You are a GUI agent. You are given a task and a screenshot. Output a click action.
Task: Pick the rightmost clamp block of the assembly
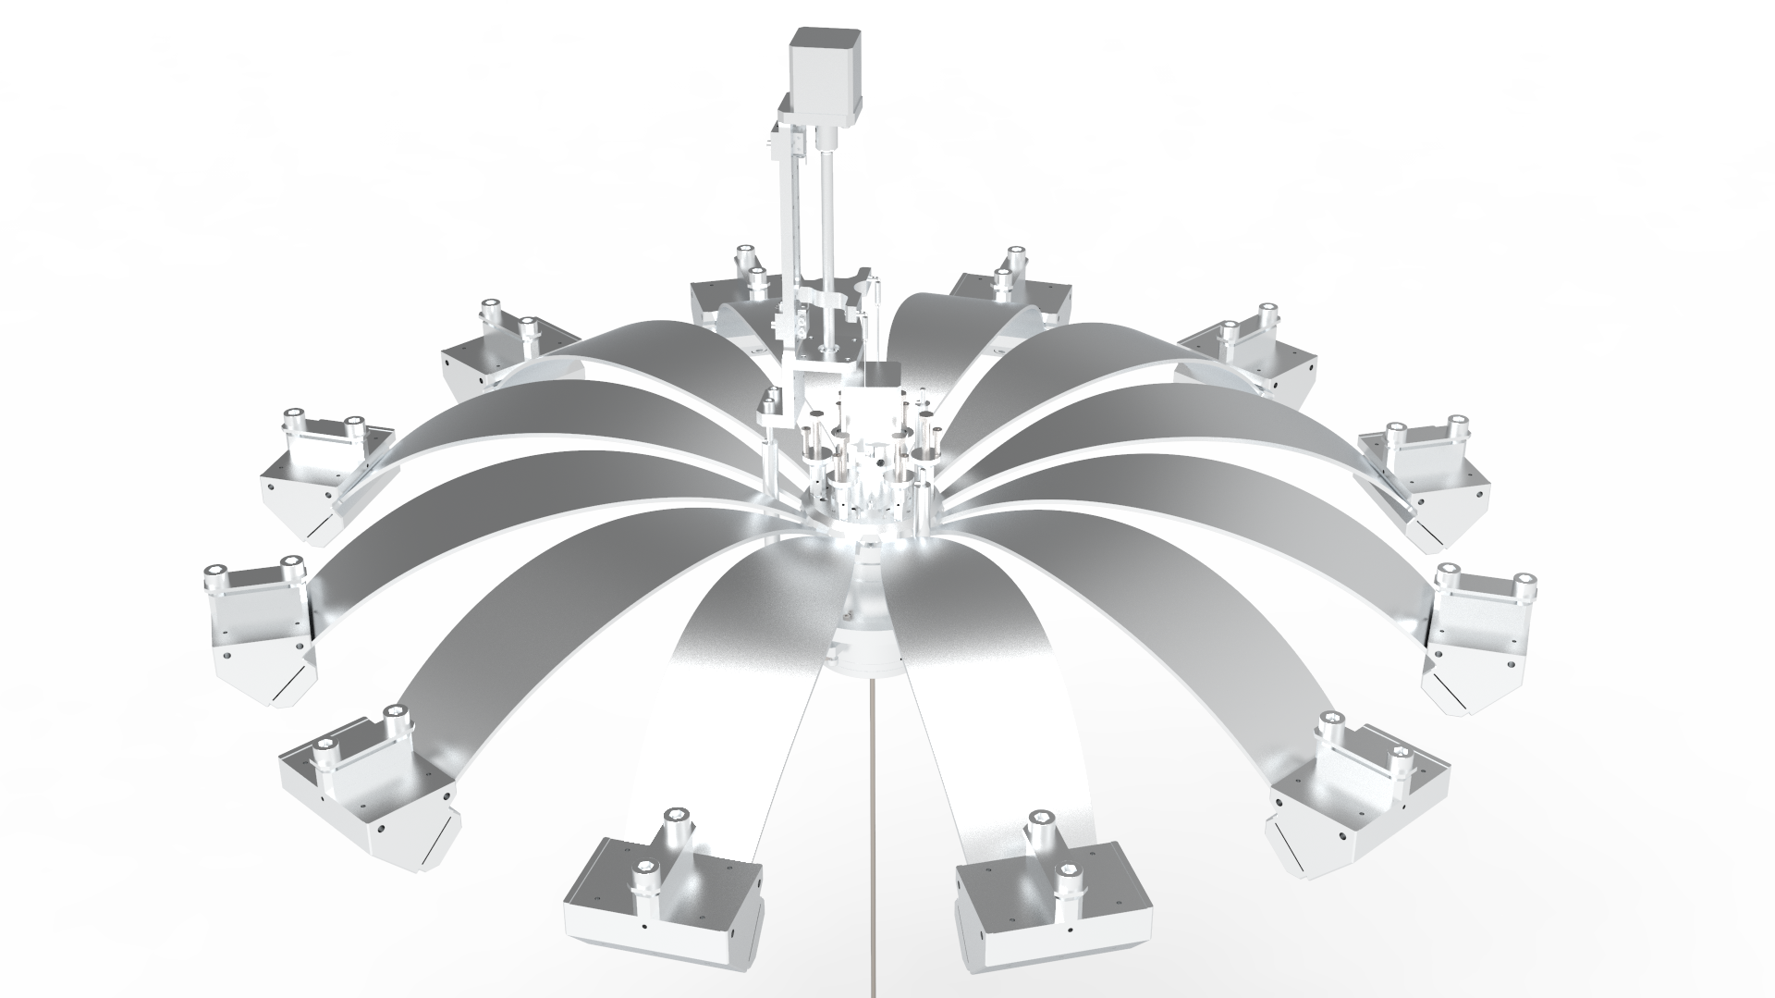coord(1479,638)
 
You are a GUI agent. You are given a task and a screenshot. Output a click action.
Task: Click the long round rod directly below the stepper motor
coord(826,240)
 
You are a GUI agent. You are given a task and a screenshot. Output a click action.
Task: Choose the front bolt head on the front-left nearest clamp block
coord(644,871)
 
